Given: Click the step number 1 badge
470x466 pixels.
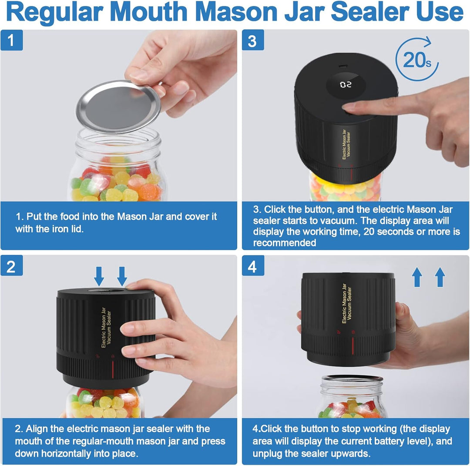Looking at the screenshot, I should (12, 41).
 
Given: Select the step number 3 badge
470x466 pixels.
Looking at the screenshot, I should (253, 41).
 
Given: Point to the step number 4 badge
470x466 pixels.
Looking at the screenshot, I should (253, 266).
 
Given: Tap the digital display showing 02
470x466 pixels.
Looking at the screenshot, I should (345, 84).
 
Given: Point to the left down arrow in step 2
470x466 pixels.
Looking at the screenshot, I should (99, 276).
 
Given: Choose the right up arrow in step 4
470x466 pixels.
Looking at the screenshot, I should (440, 277).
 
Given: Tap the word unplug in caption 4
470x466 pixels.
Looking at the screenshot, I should (267, 453).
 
